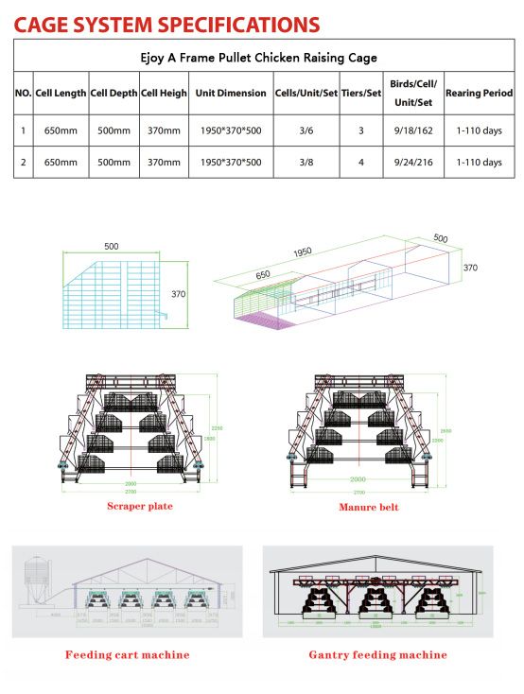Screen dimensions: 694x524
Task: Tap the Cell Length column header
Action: click(x=61, y=94)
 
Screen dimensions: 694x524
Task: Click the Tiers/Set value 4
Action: click(x=360, y=162)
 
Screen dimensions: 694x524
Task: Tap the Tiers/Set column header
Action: click(x=360, y=94)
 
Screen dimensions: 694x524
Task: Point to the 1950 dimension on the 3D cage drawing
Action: click(x=302, y=253)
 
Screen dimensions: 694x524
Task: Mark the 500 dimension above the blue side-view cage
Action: click(x=112, y=246)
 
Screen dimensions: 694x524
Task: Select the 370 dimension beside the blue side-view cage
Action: click(x=177, y=293)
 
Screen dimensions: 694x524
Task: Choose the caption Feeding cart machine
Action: click(x=127, y=654)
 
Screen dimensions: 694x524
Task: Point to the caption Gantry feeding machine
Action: click(x=377, y=654)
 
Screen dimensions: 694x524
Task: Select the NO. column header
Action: click(x=24, y=94)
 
